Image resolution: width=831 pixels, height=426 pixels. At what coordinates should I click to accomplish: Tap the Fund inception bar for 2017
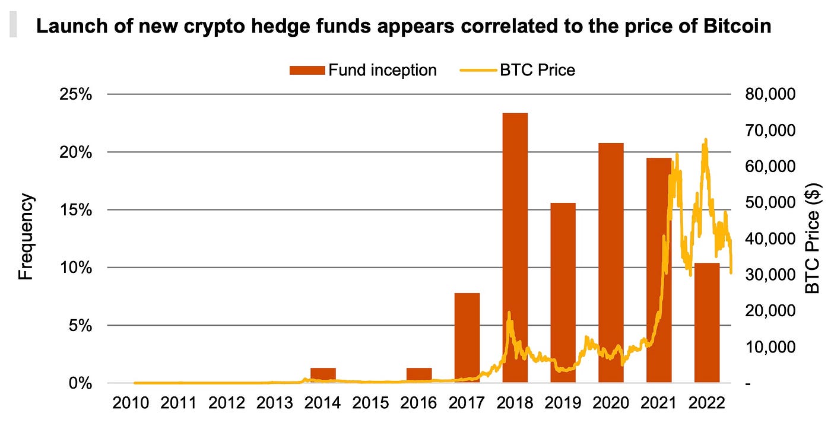click(x=467, y=338)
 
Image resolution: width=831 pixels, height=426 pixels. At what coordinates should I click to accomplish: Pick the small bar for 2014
click(x=323, y=375)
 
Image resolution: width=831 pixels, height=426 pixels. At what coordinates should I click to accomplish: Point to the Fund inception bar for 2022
click(x=707, y=323)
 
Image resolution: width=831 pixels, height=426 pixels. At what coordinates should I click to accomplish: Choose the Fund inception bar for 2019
click(x=563, y=293)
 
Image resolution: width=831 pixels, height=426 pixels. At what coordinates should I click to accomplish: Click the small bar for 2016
click(x=419, y=375)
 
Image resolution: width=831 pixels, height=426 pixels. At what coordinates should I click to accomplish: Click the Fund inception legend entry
click(x=363, y=70)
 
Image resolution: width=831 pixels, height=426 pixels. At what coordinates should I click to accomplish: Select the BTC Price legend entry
click(x=518, y=70)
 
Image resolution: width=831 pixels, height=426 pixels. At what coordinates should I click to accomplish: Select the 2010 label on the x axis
click(x=131, y=404)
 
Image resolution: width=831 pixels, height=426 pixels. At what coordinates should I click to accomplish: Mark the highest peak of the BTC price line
click(x=705, y=140)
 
